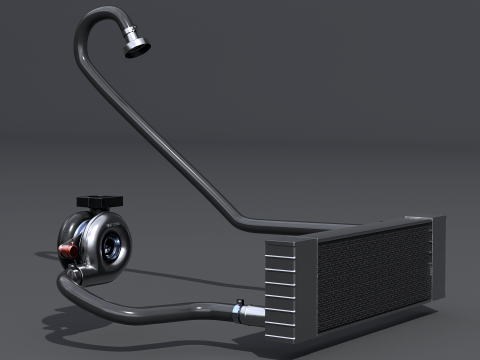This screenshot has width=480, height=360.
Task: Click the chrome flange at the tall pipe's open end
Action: [x=139, y=45]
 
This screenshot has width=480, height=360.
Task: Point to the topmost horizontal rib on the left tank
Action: [x=281, y=250]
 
